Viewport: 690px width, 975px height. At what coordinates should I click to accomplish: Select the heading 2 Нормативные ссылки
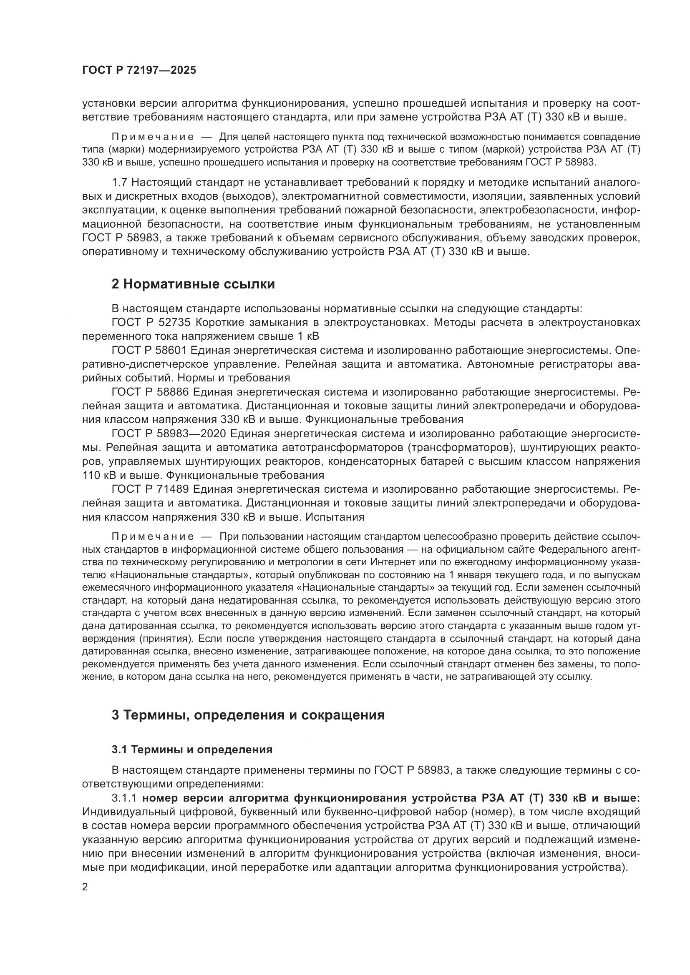[x=193, y=284]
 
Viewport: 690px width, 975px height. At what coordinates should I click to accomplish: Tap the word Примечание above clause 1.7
[x=153, y=137]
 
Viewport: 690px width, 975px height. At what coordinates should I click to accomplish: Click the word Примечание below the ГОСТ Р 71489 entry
[x=153, y=537]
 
